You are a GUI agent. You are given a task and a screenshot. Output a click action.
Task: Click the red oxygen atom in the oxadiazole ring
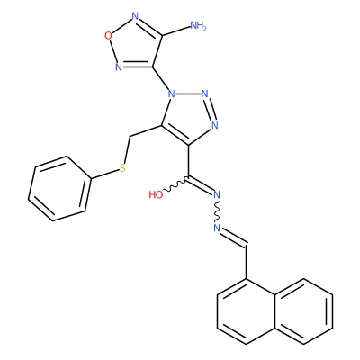click(x=108, y=36)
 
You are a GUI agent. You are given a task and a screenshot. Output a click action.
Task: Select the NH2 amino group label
click(x=199, y=26)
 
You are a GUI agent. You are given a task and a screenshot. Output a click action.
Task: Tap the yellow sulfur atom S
click(x=122, y=168)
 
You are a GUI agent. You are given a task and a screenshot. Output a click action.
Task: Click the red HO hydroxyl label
click(x=156, y=195)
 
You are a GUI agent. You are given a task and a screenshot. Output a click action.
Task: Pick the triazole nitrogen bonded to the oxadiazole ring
click(x=171, y=94)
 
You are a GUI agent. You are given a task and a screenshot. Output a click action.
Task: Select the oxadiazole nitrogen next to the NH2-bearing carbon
click(x=135, y=16)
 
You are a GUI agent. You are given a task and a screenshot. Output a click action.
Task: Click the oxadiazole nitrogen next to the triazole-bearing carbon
click(x=119, y=67)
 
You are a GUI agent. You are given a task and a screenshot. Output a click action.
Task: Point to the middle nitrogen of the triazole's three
click(x=205, y=94)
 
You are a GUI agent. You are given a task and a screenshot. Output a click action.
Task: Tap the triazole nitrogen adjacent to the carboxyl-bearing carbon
click(x=215, y=125)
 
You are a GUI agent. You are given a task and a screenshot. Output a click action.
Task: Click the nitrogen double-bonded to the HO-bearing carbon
click(x=217, y=195)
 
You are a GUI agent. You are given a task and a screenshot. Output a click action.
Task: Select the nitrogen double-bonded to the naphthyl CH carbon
click(x=217, y=228)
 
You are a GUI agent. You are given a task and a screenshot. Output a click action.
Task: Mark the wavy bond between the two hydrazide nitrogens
click(x=217, y=211)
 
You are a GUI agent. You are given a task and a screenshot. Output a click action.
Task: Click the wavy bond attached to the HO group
click(x=175, y=185)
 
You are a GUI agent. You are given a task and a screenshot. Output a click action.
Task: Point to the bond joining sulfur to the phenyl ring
click(x=104, y=175)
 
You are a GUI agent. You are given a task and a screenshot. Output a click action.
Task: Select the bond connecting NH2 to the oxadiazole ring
click(x=176, y=31)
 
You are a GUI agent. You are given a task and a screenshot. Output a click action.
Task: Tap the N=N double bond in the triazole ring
click(x=211, y=110)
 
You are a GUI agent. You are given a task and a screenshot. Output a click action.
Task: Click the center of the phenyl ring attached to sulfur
click(x=59, y=189)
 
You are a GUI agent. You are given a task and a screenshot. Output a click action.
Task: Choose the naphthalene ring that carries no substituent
click(x=303, y=311)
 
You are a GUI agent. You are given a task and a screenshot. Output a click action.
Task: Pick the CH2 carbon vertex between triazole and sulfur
click(x=130, y=137)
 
